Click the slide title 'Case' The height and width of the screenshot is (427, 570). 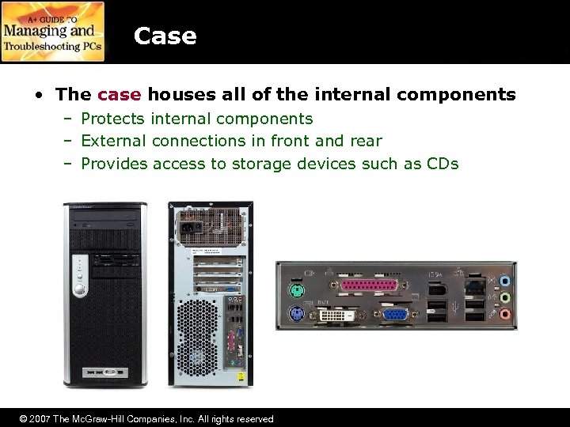pyautogui.click(x=165, y=36)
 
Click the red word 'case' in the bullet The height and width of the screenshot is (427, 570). pyautogui.click(x=119, y=95)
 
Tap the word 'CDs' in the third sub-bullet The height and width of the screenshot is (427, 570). pyautogui.click(x=443, y=164)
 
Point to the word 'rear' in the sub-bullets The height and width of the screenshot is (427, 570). pyautogui.click(x=365, y=141)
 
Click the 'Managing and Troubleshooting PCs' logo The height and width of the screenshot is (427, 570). pyautogui.click(x=53, y=32)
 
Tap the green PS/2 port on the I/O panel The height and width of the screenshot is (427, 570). pyautogui.click(x=295, y=289)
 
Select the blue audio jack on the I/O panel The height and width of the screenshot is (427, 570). pyautogui.click(x=505, y=282)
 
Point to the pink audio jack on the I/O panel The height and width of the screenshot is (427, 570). pyautogui.click(x=505, y=314)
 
